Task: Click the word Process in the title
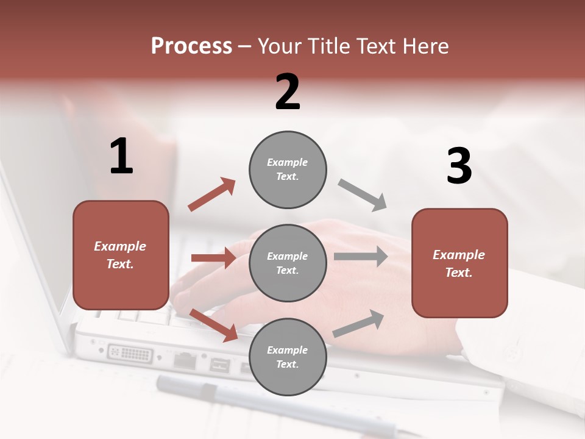[x=191, y=46]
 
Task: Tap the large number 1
[x=121, y=157]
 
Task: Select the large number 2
[x=288, y=92]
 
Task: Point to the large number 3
[x=459, y=166]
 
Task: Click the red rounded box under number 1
[x=121, y=255]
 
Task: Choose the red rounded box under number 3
[x=459, y=263]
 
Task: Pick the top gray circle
[x=288, y=170]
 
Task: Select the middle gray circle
[x=288, y=263]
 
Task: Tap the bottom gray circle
[x=288, y=357]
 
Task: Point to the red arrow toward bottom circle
[x=214, y=325]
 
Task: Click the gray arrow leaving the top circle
[x=363, y=195]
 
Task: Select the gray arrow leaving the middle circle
[x=360, y=257]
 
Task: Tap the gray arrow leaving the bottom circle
[x=358, y=324]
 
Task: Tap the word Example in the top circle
[x=287, y=162]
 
